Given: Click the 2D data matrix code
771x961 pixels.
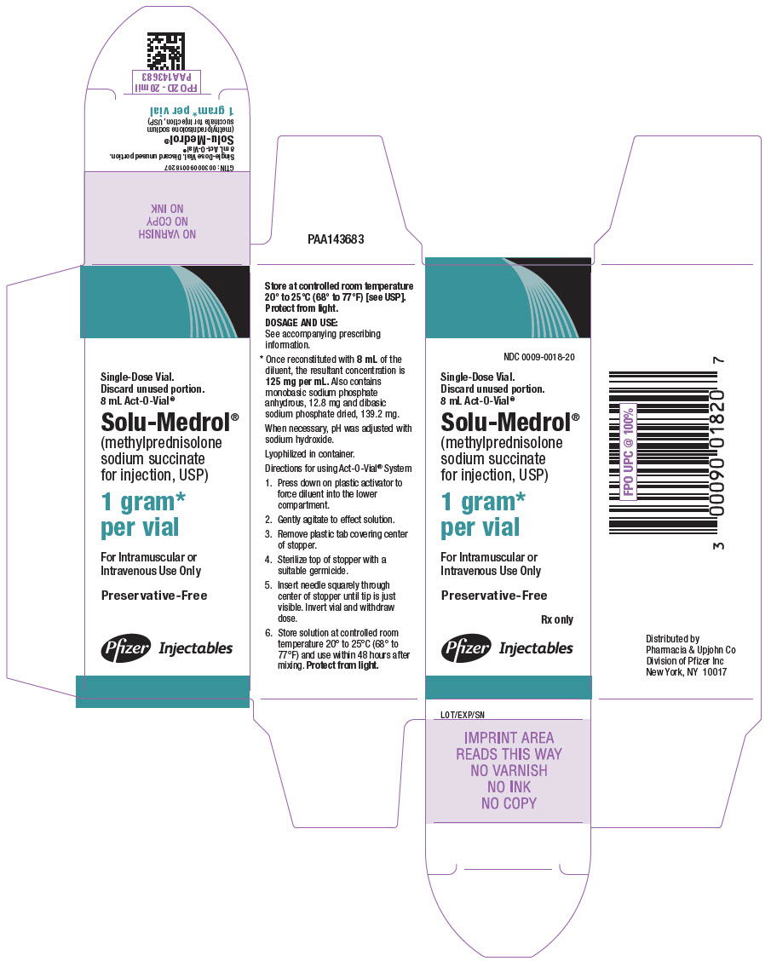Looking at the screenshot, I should point(165,50).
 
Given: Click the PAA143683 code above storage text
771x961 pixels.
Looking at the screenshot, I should point(337,240).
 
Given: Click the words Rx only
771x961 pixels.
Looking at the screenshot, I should point(556,619).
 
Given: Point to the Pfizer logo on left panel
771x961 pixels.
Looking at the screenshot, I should point(126,648).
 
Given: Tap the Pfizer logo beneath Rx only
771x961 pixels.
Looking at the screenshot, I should point(465,648).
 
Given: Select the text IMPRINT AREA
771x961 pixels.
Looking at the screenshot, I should point(509,738).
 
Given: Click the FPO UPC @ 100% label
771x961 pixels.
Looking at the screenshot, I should point(629,452).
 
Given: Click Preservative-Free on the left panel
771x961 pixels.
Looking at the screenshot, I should point(153,596).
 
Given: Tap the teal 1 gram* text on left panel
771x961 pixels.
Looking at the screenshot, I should point(142,502).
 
